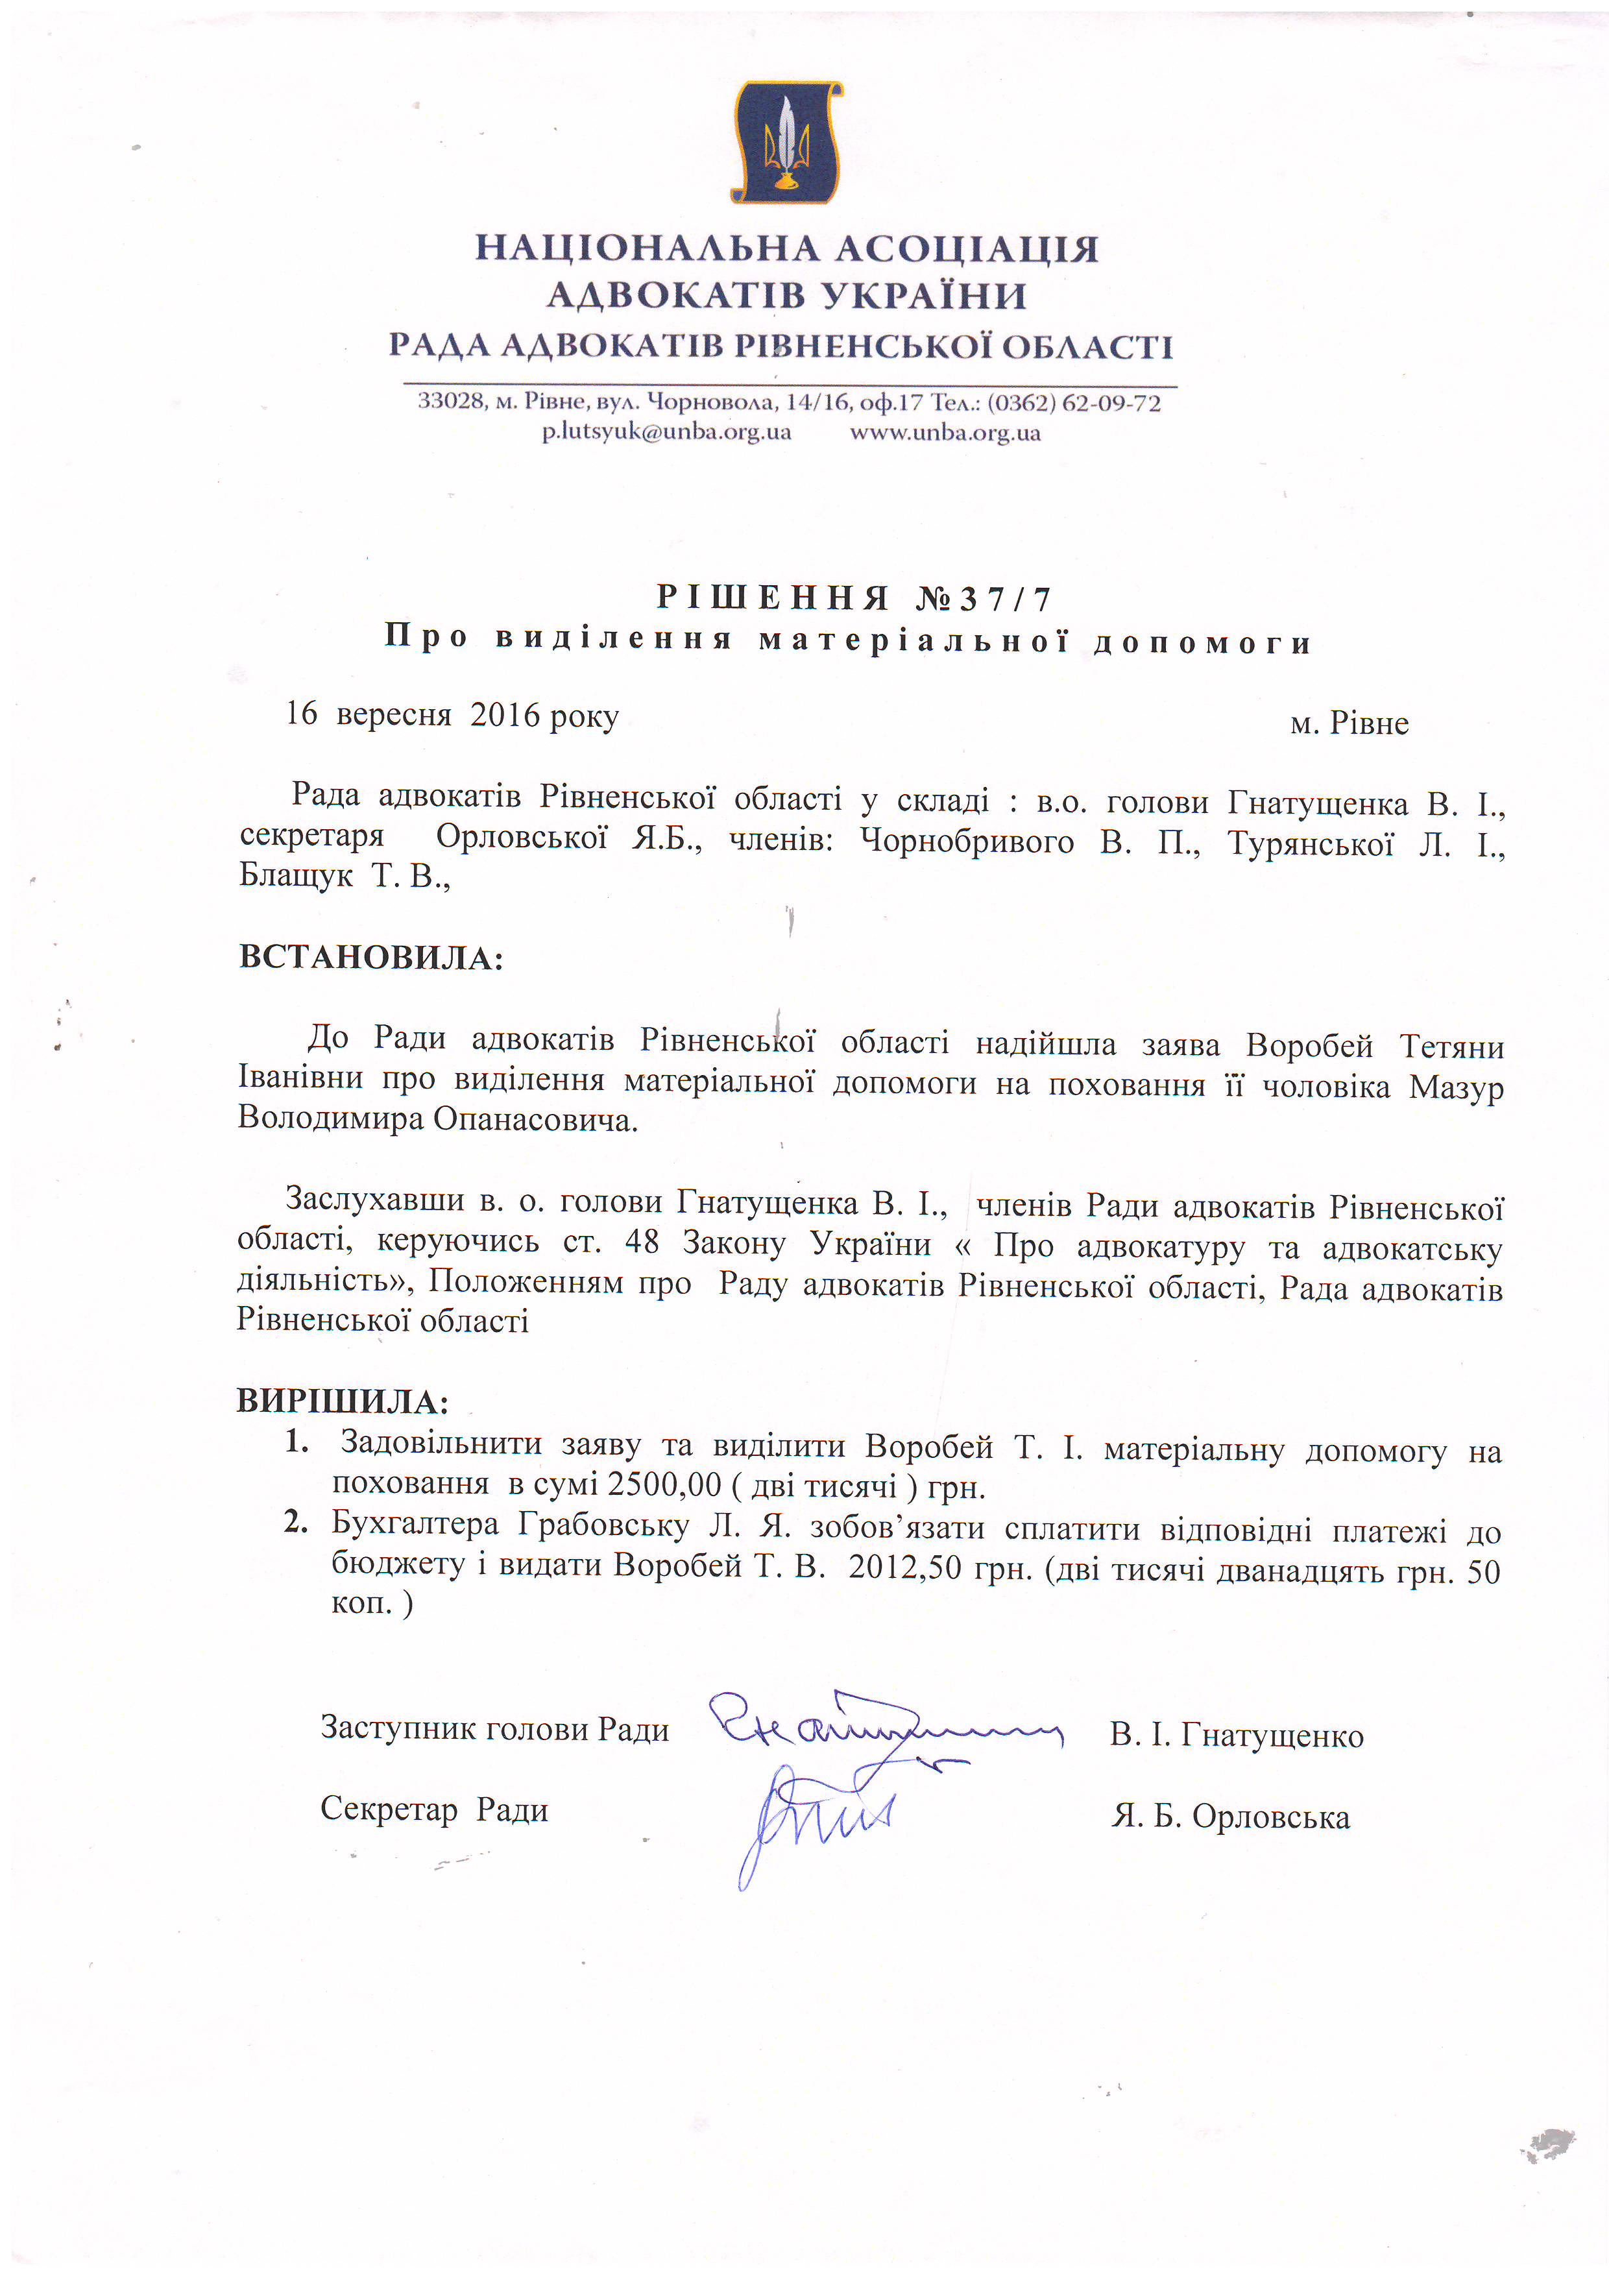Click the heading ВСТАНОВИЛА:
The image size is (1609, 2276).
coord(370,958)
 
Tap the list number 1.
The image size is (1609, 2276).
coord(295,1442)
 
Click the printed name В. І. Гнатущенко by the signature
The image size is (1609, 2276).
coord(1236,1736)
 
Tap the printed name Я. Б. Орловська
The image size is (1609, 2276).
coord(1230,1817)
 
